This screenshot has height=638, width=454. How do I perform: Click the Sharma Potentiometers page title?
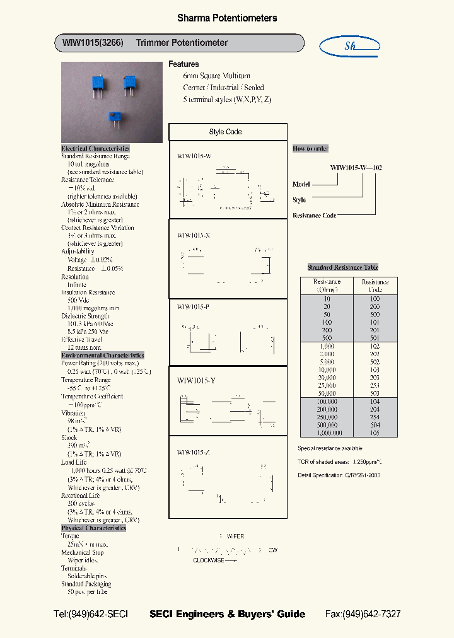226,18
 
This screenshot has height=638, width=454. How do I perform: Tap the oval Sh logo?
350,45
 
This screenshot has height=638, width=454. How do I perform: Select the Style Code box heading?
225,132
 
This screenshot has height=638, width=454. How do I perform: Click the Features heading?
183,64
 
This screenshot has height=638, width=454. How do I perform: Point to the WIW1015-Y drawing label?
196,380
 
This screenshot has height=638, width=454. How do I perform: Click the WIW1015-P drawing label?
193,306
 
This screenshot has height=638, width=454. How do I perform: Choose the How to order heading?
310,149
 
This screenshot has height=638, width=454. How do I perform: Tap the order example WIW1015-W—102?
356,168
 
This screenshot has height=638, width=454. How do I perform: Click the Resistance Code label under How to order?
314,216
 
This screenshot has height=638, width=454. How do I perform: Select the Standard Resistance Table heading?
343,267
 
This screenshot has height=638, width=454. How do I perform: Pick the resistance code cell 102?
375,346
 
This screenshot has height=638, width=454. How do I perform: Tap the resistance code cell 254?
375,417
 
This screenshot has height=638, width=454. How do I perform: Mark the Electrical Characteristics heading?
95,149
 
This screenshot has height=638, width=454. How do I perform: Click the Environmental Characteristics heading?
103,356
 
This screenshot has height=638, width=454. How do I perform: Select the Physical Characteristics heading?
93,528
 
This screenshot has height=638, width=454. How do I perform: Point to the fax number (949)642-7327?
363,614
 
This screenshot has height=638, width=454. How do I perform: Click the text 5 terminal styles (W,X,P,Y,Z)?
227,100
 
